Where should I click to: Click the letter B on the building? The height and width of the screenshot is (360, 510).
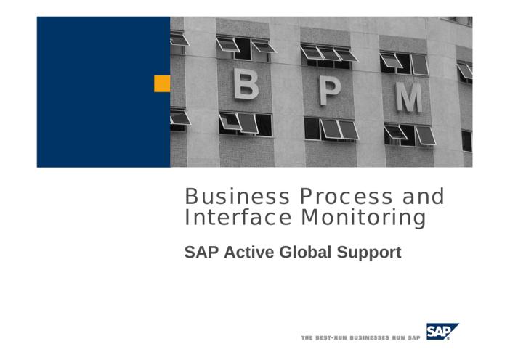246,84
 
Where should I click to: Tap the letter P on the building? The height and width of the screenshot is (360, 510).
330,91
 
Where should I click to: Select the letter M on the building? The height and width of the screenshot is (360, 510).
409,97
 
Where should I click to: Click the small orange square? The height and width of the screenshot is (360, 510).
162,83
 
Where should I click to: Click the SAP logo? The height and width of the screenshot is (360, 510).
442,332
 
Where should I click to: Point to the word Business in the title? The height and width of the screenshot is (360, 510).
237,197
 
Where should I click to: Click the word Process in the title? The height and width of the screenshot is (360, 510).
346,197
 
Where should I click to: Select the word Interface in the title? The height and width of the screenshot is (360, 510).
238,217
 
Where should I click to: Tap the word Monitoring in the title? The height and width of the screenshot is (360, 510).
363,218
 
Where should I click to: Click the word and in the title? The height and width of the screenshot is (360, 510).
423,196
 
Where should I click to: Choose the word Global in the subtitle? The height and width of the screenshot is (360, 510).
305,253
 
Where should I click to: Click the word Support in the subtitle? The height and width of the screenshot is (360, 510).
369,253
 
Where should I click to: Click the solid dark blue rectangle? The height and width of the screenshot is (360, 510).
103,92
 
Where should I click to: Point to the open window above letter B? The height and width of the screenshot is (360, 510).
246,48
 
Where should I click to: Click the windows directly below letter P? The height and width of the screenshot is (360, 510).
331,129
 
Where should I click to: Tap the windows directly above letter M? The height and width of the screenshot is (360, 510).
404,64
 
